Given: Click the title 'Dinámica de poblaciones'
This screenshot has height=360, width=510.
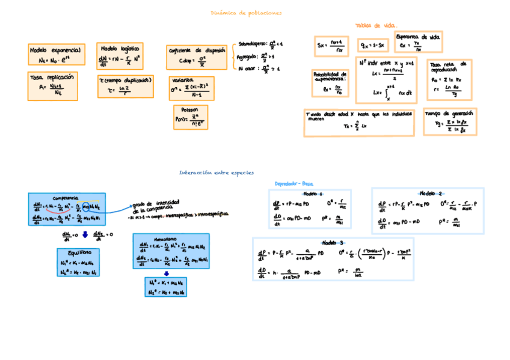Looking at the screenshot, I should coord(246,13).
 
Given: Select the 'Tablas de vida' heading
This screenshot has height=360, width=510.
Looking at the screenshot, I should coord(376,26).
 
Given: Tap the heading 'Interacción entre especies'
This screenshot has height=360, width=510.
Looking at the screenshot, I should coord(217,172).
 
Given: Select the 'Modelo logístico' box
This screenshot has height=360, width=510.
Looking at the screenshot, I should coord(120,55).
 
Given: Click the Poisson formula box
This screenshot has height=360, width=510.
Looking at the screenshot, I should coord(190,117).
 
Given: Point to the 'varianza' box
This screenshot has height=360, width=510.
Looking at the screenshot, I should coord(191,88).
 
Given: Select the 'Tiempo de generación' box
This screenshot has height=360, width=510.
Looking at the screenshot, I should coord(450,121).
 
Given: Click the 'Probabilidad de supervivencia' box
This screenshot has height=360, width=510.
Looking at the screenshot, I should coord(330,83).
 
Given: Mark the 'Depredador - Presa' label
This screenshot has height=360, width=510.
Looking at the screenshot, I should coord(294,183).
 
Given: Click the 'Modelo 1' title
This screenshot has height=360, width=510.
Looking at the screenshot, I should coord(313,194).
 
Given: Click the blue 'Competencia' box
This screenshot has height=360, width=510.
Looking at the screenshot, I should coord(66,209).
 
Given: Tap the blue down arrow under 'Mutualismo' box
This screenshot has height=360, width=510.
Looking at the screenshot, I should coord(167,273).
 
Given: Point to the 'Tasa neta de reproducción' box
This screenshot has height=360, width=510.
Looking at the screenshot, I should coord(449,79).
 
